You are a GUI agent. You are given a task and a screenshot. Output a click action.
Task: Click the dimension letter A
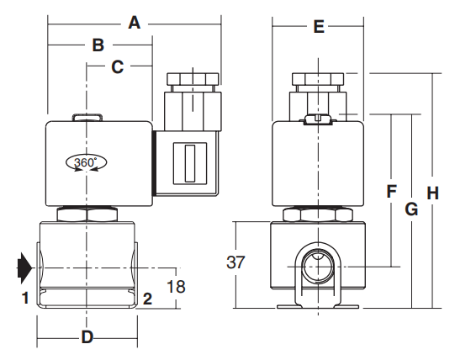[134, 24]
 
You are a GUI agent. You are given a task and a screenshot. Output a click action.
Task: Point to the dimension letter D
[87, 338]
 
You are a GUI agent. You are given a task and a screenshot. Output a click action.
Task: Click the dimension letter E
[318, 27]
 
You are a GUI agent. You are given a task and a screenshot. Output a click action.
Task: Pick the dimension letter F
[391, 192]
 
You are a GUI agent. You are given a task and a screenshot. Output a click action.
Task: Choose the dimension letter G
[411, 209]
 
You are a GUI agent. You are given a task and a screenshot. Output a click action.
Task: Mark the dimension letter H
[432, 193]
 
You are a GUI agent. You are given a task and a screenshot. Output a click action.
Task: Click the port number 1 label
[26, 297]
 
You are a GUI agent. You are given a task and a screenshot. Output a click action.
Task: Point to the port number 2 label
[147, 298]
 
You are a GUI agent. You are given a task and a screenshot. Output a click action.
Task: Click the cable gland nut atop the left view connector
[193, 82]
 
